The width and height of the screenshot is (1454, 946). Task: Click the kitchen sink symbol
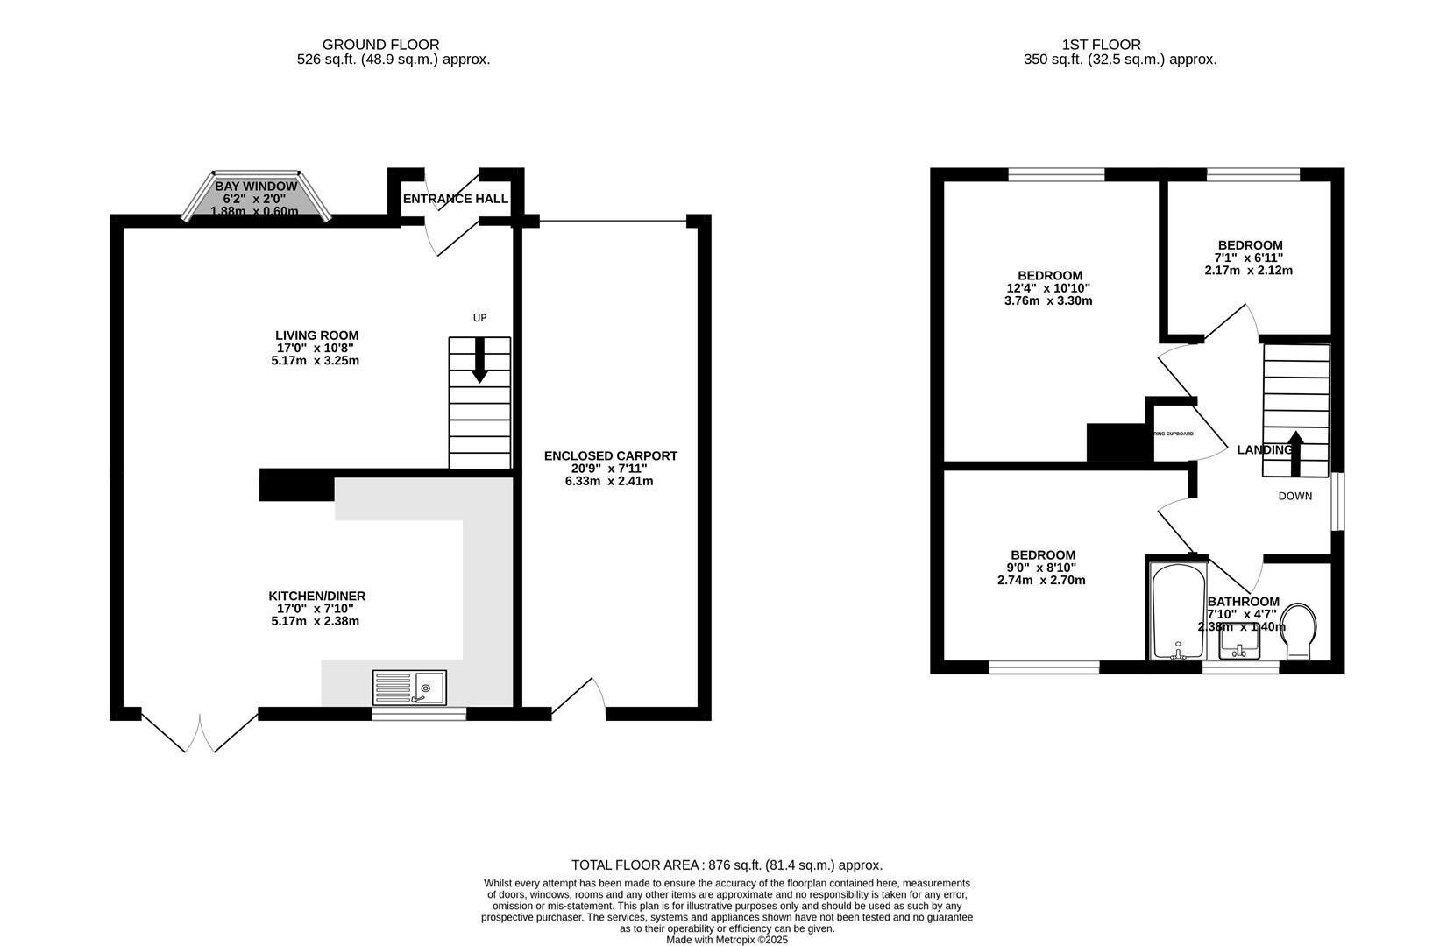tap(409, 687)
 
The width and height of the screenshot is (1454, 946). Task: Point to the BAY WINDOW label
tap(256, 187)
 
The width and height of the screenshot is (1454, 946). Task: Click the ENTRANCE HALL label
tap(455, 199)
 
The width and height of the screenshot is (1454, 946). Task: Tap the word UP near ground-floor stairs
tap(479, 318)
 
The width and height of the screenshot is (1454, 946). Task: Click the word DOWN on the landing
tap(1294, 496)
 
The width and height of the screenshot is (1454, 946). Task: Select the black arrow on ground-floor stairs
tap(479, 361)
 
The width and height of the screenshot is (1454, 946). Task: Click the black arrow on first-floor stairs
tap(1294, 451)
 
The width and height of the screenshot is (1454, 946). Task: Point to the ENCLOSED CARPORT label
tap(610, 455)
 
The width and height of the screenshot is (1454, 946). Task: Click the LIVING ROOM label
tap(316, 335)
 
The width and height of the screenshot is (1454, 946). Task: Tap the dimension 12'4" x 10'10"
tap(1048, 288)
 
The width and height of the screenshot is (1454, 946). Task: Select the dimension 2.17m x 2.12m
tap(1248, 271)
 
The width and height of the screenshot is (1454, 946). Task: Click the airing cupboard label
tap(1174, 434)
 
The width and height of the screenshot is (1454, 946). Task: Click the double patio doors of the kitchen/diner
tap(200, 732)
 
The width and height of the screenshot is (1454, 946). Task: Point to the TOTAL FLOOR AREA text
tap(727, 865)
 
